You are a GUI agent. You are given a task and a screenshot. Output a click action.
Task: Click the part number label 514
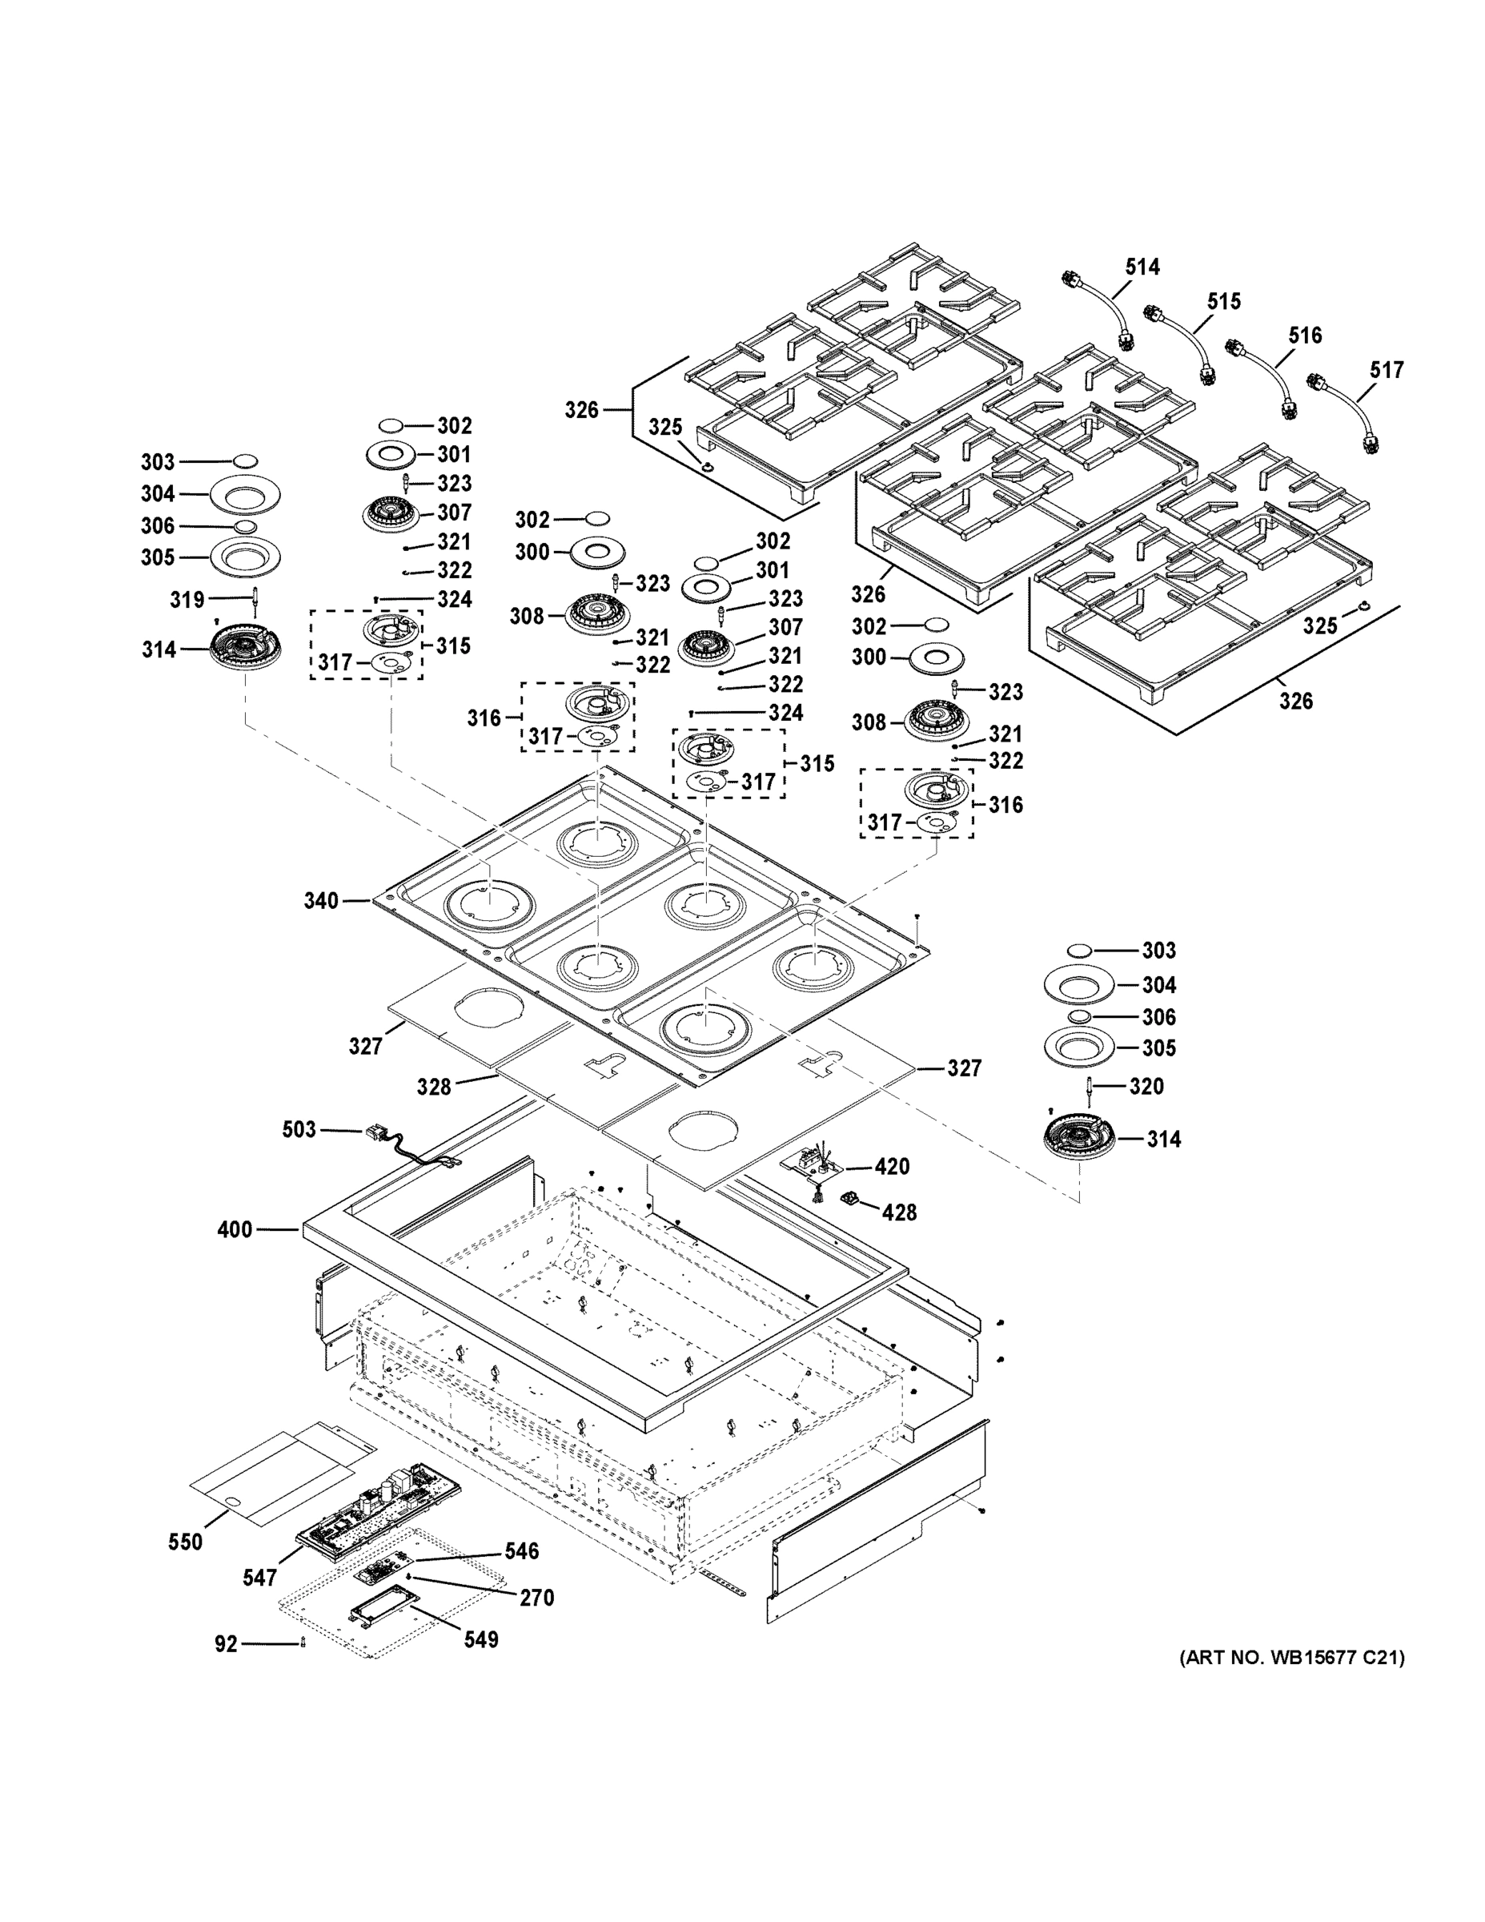(1142, 267)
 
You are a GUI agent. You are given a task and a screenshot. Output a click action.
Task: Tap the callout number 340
(321, 900)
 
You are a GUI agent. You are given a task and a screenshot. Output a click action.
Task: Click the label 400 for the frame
(235, 1228)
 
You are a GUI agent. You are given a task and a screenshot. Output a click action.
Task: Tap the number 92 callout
(226, 1643)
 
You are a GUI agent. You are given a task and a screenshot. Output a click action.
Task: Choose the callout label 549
(480, 1639)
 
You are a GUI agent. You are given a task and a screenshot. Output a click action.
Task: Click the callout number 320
(1146, 1086)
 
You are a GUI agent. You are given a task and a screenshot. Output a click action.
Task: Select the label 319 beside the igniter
(187, 599)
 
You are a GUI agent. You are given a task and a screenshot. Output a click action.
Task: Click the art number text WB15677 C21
(1291, 1658)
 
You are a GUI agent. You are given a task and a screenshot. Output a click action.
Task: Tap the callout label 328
(434, 1087)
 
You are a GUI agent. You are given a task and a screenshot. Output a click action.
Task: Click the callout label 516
(1305, 336)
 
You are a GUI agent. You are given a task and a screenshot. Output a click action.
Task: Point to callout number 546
(521, 1550)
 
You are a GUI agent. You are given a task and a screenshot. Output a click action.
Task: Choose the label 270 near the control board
(536, 1598)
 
